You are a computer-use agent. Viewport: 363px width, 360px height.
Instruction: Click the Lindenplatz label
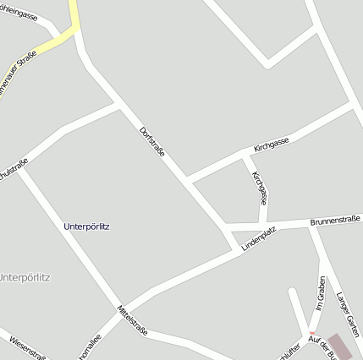259,237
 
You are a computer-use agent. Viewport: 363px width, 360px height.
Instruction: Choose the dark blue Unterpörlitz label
87,226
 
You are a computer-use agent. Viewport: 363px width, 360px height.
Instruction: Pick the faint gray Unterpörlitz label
25,277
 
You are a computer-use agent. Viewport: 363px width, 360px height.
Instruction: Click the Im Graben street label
320,293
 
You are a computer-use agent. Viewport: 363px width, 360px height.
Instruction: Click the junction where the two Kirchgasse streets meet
245,156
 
